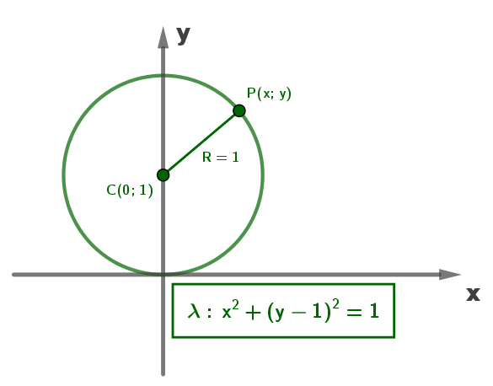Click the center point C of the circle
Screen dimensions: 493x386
pyautogui.click(x=163, y=175)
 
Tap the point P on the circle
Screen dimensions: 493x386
pyautogui.click(x=239, y=110)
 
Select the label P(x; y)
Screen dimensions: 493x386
pyautogui.click(x=269, y=94)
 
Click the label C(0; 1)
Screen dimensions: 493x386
pyautogui.click(x=130, y=190)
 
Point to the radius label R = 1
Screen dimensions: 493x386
pyautogui.click(x=221, y=157)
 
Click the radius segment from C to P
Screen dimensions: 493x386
pyautogui.click(x=201, y=143)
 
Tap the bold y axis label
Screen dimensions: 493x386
pyautogui.click(x=184, y=35)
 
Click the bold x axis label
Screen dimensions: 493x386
pyautogui.click(x=473, y=294)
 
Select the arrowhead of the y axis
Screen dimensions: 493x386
pyautogui.click(x=163, y=37)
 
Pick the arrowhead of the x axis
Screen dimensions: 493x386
pyautogui.click(x=450, y=275)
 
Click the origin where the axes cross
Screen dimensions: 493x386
pyautogui.click(x=163, y=275)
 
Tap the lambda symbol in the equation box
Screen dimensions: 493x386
pyautogui.click(x=194, y=311)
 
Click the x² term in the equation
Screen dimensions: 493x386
pyautogui.click(x=230, y=309)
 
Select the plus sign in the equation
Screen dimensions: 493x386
pyautogui.click(x=253, y=313)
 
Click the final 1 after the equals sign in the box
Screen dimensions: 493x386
pyautogui.click(x=374, y=311)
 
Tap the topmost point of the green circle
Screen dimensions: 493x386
pyautogui.click(x=163, y=76)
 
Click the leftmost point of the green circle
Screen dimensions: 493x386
pyautogui.click(x=64, y=175)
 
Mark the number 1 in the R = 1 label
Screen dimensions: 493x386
pyautogui.click(x=235, y=157)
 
